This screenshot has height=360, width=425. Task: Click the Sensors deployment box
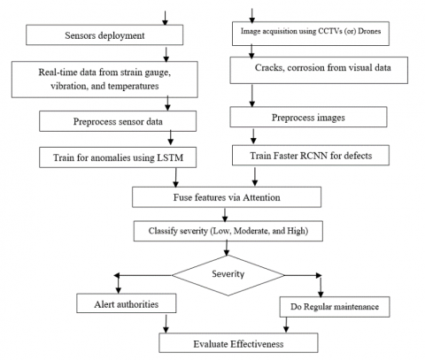(x=104, y=35)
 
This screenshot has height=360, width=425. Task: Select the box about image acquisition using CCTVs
(x=311, y=34)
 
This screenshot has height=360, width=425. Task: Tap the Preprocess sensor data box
(x=118, y=121)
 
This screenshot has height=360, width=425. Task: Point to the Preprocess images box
(x=308, y=117)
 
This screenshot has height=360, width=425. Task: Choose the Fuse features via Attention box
(x=227, y=197)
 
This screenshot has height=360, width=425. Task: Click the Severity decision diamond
(x=228, y=275)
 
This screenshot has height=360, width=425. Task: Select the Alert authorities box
(x=127, y=303)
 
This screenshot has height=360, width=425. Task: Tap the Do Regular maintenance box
(x=335, y=307)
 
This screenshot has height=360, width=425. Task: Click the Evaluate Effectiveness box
(x=238, y=343)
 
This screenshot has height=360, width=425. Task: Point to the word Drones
(x=369, y=31)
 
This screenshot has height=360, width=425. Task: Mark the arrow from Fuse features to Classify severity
(x=225, y=215)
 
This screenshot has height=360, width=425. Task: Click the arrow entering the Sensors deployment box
(x=166, y=18)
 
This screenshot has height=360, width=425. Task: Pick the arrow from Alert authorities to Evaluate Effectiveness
(x=166, y=324)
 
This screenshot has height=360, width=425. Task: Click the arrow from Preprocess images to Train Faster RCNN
(x=253, y=136)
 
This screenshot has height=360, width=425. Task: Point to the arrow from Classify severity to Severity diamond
(x=227, y=248)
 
